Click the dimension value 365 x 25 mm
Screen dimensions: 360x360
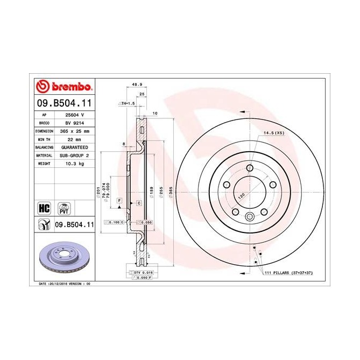tap(73, 131)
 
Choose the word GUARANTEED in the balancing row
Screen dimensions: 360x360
tap(73, 147)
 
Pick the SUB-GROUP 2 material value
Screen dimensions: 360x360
tap(73, 155)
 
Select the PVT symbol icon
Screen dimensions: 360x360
tap(65, 208)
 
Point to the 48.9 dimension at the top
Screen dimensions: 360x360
tap(137, 84)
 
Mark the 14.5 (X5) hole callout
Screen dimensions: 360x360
tap(273, 132)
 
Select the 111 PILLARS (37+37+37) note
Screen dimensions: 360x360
tap(287, 273)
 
